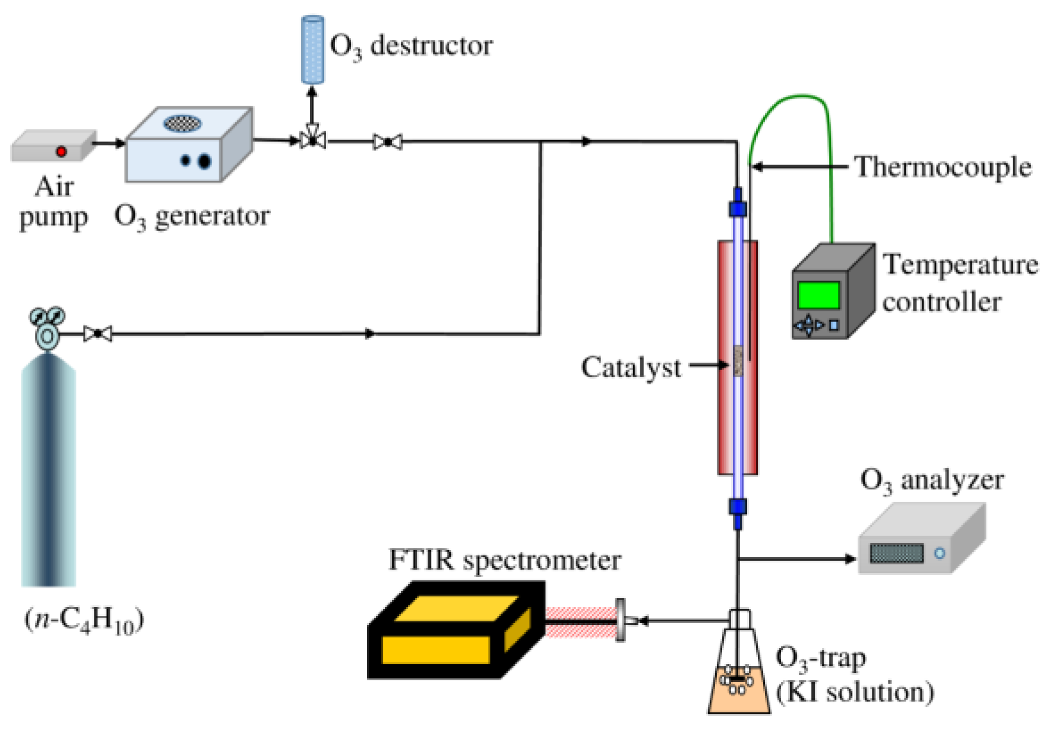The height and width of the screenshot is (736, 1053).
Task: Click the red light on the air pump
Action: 61,151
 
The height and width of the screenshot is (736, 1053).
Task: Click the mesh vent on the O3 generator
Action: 182,123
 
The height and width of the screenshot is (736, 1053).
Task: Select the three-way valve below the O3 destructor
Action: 312,141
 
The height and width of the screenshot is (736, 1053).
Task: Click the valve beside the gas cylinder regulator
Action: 97,334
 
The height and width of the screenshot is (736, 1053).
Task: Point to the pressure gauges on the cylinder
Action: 48,317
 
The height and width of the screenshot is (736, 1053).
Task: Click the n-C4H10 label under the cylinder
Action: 84,620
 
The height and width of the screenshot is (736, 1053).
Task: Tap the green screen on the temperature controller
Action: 818,295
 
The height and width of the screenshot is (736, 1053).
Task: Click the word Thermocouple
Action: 943,167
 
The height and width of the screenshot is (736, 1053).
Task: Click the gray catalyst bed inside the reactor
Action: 738,361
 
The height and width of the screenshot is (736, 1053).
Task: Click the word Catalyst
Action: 631,368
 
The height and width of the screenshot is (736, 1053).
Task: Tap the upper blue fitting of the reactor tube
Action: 738,207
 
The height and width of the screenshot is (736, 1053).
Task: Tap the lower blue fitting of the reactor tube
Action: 738,507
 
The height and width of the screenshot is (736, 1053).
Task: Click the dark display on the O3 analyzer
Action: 896,553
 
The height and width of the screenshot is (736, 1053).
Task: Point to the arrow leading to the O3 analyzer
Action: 849,558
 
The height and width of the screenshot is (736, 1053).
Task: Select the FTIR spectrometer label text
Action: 504,561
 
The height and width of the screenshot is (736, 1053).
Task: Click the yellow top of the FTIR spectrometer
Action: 456,608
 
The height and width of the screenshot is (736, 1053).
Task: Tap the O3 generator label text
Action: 191,217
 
